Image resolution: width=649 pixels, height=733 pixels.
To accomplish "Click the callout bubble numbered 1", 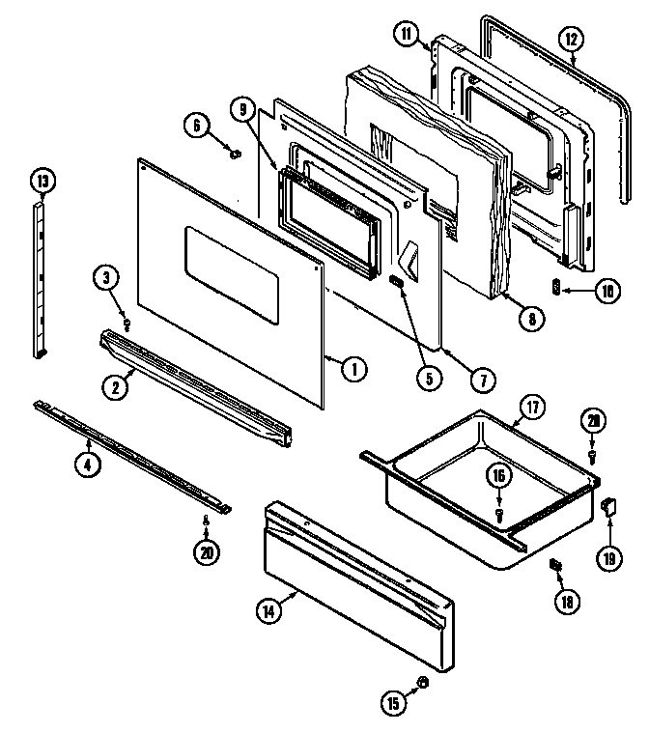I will pyautogui.click(x=354, y=366).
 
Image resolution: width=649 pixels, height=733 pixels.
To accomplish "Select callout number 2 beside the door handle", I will pyautogui.click(x=115, y=387).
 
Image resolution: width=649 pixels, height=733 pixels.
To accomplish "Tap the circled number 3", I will pyautogui.click(x=108, y=279).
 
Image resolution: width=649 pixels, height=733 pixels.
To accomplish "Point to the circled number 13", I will pyautogui.click(x=42, y=180).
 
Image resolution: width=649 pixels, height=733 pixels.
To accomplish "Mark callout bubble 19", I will pyautogui.click(x=611, y=557).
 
